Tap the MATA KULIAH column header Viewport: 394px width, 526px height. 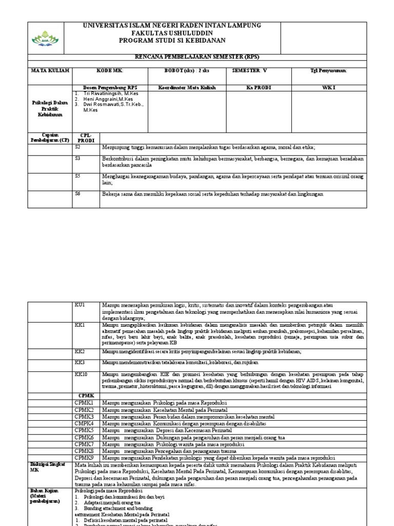(x=50, y=70)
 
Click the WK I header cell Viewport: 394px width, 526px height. (x=328, y=88)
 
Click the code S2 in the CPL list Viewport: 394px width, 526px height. (x=78, y=146)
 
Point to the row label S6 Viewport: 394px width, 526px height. (x=78, y=194)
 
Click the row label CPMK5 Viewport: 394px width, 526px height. (x=84, y=429)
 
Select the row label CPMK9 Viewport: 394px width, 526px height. (x=84, y=457)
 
